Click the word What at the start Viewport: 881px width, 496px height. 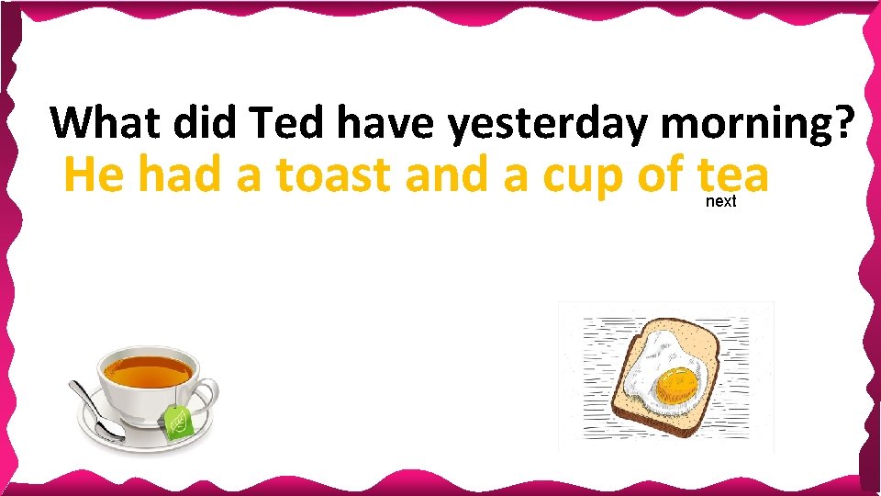pyautogui.click(x=102, y=122)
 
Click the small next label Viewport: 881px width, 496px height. pyautogui.click(x=720, y=201)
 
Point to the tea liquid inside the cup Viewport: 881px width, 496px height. pyautogui.click(x=147, y=369)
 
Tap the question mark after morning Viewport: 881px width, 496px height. pyautogui.click(x=848, y=123)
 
